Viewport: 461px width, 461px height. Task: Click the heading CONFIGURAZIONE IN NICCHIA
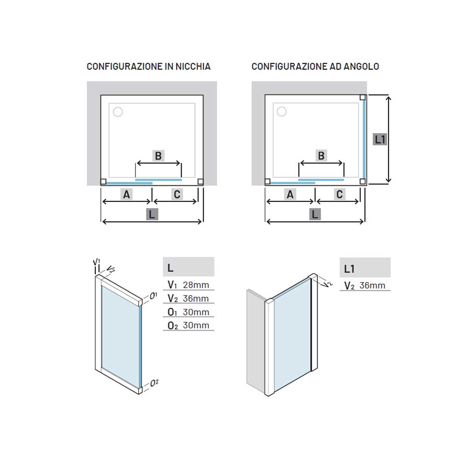[148, 66]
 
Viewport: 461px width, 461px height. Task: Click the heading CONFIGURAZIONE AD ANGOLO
[315, 66]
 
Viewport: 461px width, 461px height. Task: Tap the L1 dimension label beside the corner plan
[380, 139]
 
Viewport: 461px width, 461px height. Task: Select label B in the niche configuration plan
[158, 156]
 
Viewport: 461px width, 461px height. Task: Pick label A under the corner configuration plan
[290, 195]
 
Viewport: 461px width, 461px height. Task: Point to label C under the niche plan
[177, 195]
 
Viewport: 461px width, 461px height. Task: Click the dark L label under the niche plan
[152, 214]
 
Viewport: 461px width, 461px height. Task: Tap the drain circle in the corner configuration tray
[282, 112]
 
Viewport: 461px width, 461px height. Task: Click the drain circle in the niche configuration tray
[118, 112]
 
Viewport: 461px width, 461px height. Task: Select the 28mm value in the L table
[196, 285]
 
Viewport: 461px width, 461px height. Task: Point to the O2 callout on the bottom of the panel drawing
[154, 383]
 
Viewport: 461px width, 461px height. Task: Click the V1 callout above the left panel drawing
[96, 262]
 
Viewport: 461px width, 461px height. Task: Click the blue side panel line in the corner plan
[364, 139]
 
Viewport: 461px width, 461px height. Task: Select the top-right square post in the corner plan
[363, 97]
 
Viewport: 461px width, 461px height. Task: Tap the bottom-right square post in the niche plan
[201, 182]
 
